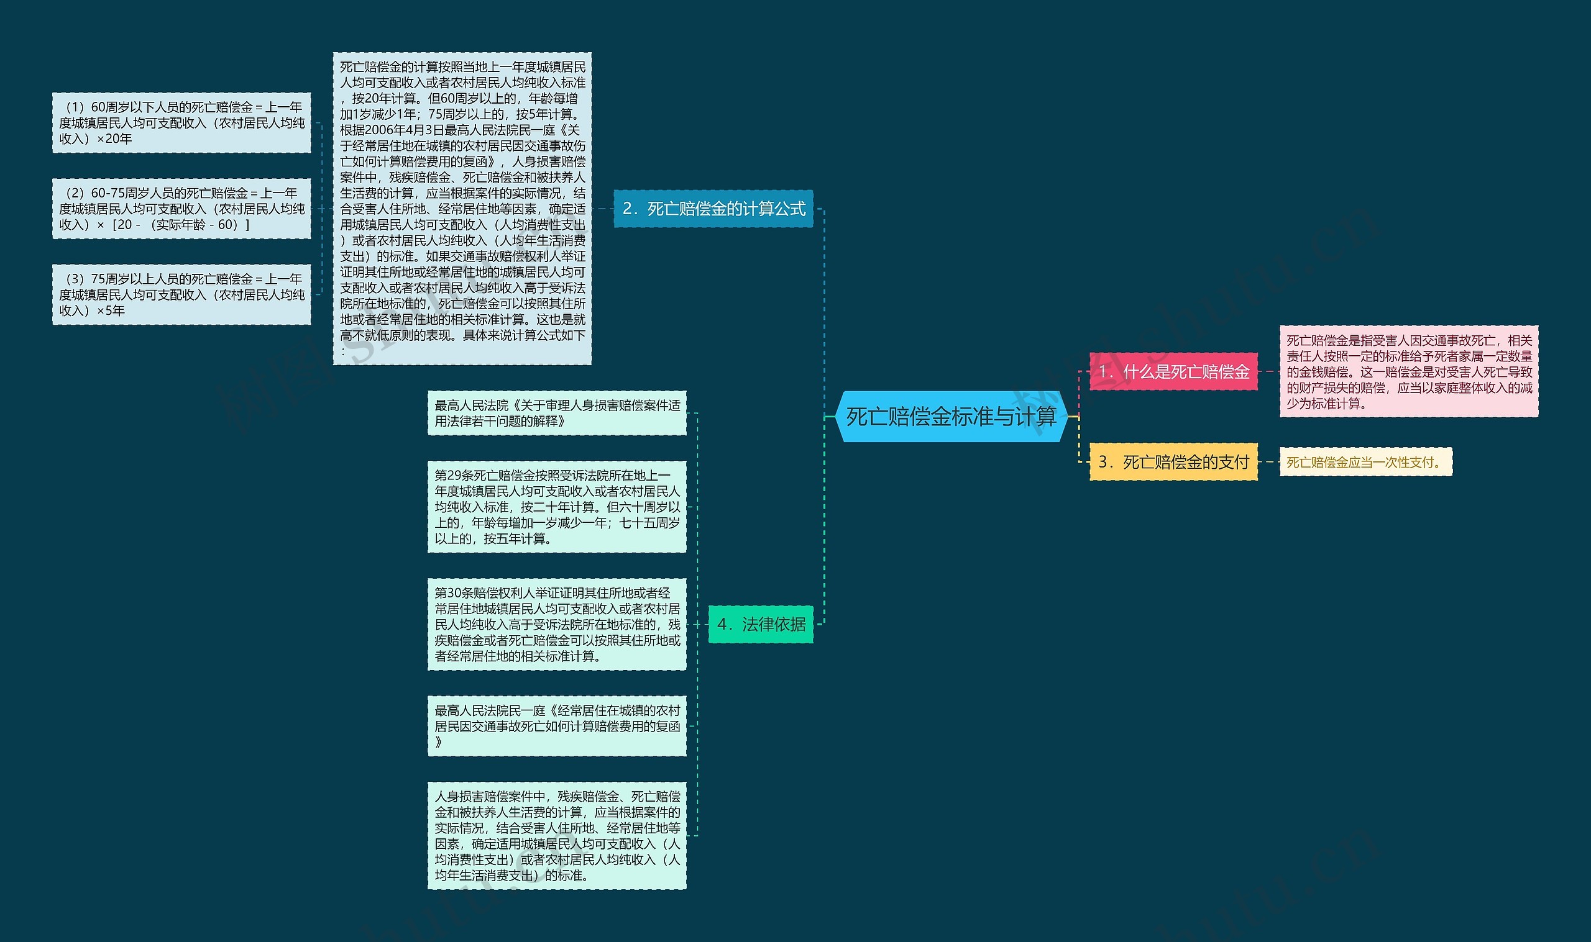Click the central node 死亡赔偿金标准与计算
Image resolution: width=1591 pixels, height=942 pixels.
[951, 417]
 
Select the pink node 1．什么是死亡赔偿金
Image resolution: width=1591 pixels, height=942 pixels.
[1174, 371]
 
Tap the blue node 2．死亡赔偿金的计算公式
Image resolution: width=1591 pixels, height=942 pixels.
[713, 208]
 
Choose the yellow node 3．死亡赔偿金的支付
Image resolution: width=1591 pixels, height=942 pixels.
[1174, 461]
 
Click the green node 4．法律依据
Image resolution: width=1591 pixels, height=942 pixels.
[761, 624]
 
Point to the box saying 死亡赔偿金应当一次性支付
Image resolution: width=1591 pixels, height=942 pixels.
[1365, 462]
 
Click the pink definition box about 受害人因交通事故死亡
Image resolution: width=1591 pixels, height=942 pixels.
[1409, 371]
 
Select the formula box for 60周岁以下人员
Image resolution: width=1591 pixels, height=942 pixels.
[181, 122]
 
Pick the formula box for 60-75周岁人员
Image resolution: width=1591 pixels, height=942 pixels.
[181, 208]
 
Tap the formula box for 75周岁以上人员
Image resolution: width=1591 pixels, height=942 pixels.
[181, 294]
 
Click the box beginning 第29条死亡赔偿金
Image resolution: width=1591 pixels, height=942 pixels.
[557, 507]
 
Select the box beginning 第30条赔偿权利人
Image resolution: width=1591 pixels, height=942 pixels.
[557, 624]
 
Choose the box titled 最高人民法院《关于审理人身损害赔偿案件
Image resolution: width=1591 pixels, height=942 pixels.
[557, 412]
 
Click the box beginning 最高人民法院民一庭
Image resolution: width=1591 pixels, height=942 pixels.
[557, 725]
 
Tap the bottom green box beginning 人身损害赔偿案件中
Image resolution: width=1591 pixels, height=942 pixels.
[557, 835]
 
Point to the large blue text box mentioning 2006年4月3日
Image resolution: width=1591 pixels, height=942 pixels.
[462, 208]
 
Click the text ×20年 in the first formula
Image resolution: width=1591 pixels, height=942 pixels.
[114, 139]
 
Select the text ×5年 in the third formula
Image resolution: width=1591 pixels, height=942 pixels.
[111, 310]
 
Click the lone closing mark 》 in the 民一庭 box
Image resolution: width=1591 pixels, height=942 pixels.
[438, 741]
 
